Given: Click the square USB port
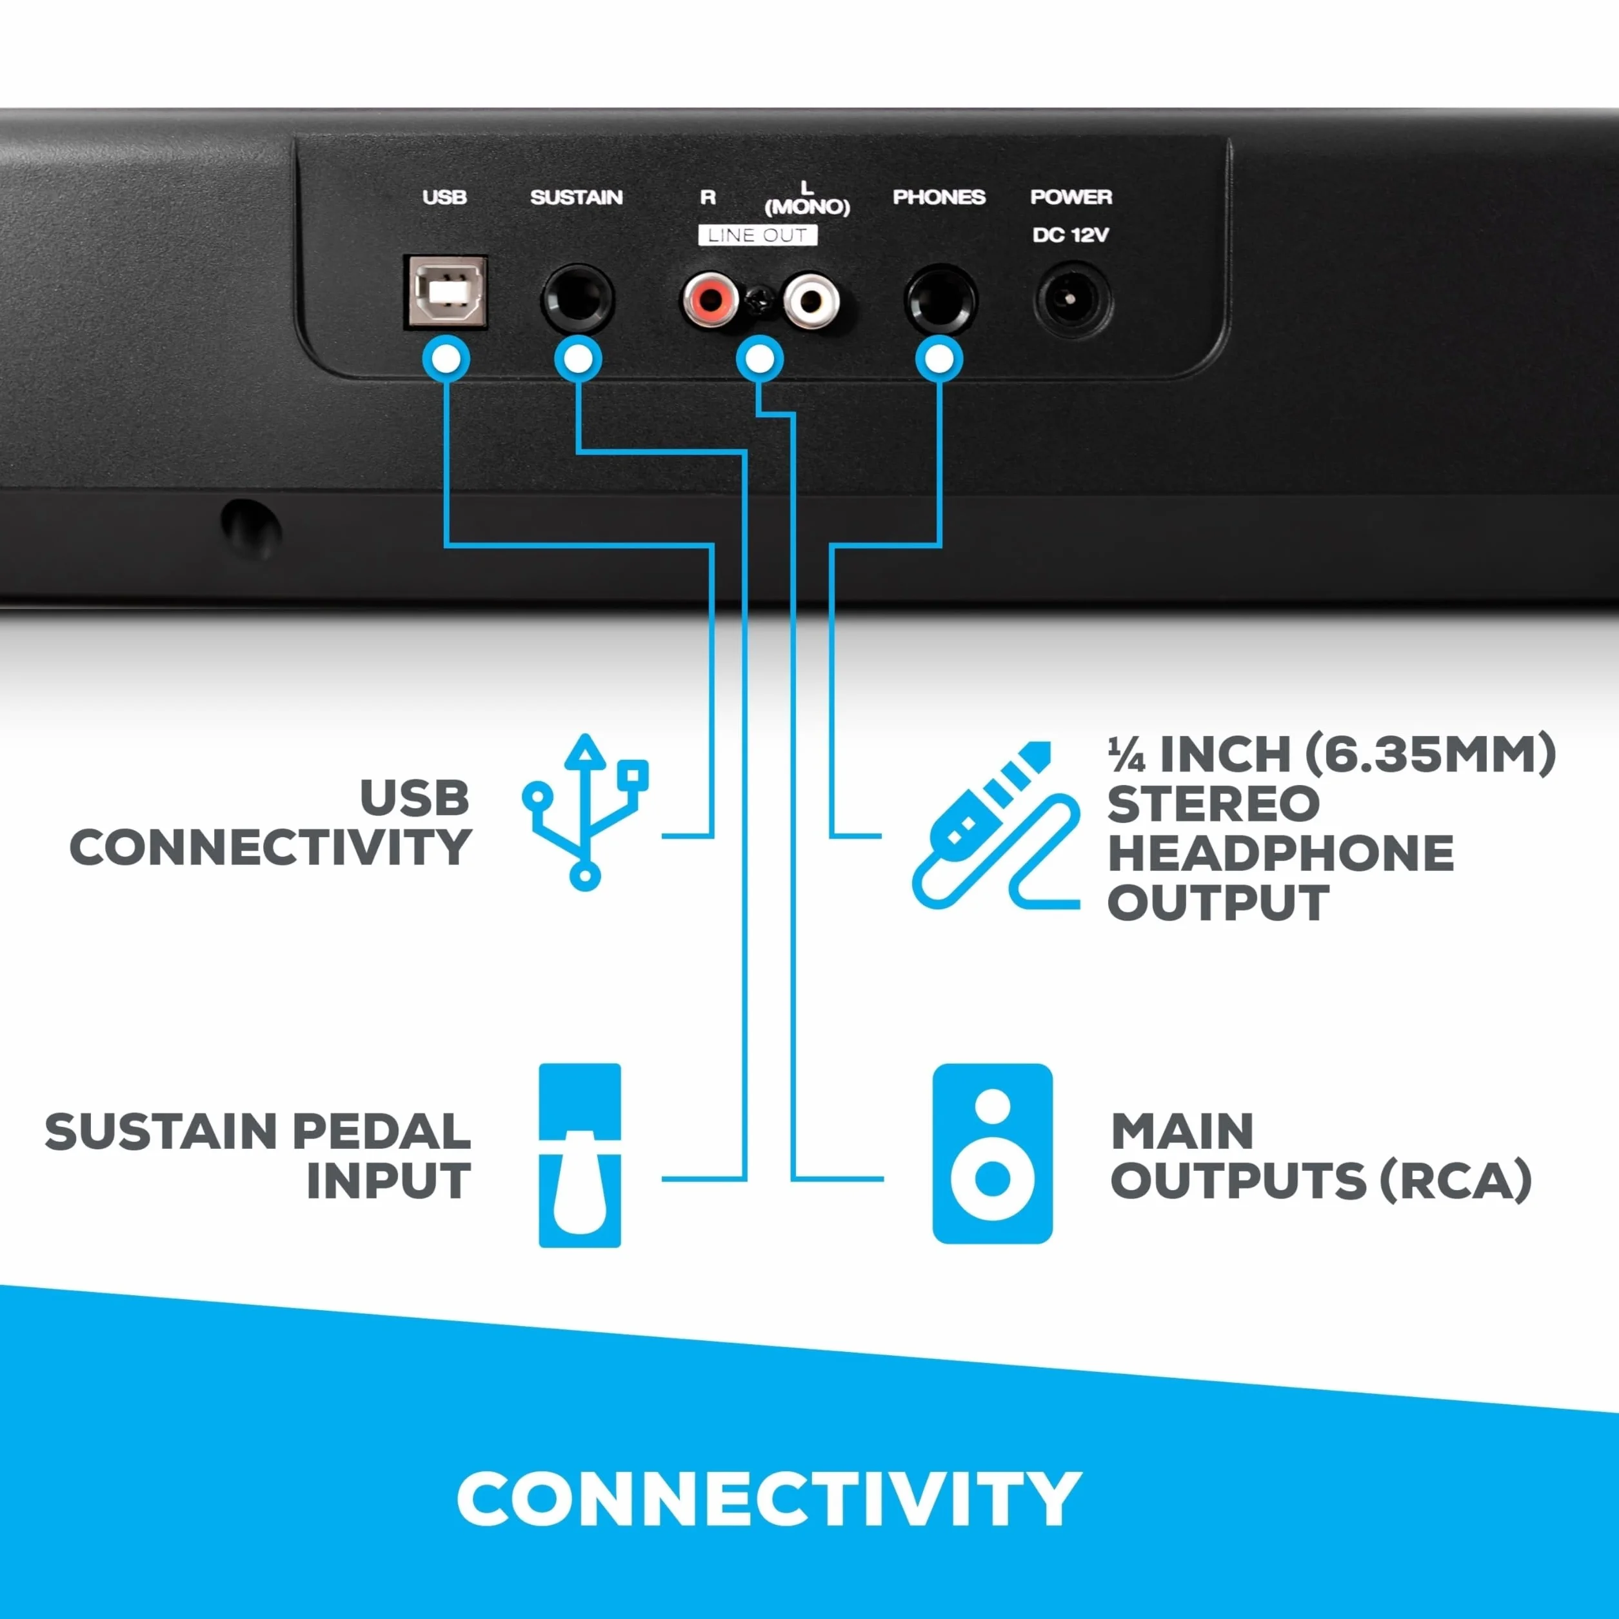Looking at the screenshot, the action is [446, 291].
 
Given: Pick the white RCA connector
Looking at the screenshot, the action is [810, 299].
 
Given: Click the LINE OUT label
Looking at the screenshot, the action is [757, 235].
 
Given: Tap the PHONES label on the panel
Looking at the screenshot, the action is [939, 197].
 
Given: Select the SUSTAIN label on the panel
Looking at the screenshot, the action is [577, 197].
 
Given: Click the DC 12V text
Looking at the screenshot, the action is [1070, 235].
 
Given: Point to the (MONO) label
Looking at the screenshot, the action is [807, 206].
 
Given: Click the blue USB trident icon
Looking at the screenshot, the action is [585, 811].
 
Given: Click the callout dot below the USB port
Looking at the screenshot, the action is [446, 359].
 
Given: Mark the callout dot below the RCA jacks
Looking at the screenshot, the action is [759, 359].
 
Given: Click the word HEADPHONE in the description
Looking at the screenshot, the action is [1280, 853].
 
